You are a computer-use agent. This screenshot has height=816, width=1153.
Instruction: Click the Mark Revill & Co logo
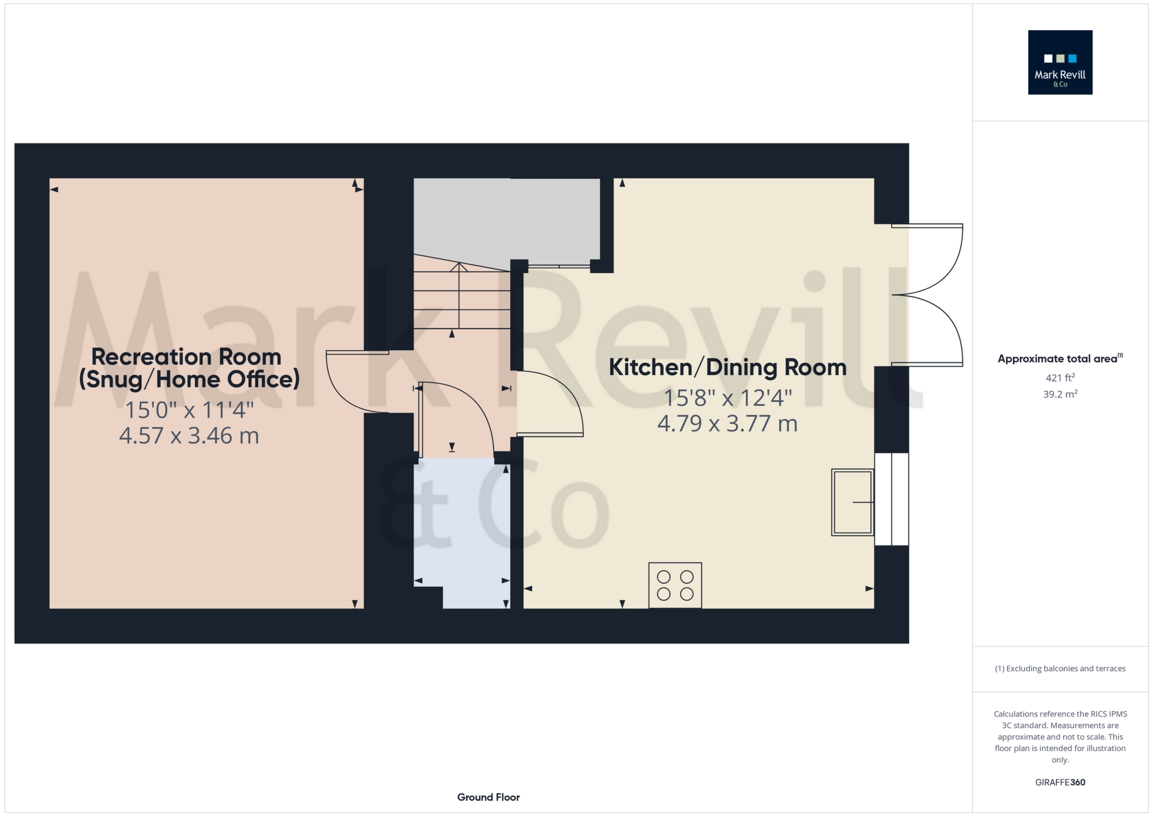[1060, 62]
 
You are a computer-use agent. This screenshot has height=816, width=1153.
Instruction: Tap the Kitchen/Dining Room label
[727, 367]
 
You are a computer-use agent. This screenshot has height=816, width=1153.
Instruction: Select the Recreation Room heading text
[186, 357]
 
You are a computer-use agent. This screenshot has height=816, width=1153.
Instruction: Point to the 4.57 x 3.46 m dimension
[189, 436]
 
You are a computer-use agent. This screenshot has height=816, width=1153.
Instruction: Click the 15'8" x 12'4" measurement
[728, 398]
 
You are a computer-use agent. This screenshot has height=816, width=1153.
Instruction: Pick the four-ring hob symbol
[675, 585]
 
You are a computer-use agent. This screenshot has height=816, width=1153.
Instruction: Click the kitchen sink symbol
[852, 502]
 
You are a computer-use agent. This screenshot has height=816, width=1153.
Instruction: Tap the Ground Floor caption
[488, 797]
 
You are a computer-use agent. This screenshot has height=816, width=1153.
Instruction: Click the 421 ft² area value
[1060, 378]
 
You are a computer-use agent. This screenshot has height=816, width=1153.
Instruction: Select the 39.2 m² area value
[1060, 394]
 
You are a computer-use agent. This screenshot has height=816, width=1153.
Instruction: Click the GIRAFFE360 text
[1060, 782]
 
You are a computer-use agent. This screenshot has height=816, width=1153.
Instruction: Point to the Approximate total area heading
[1058, 359]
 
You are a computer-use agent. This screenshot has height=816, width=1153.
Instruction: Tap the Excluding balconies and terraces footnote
[1060, 669]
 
